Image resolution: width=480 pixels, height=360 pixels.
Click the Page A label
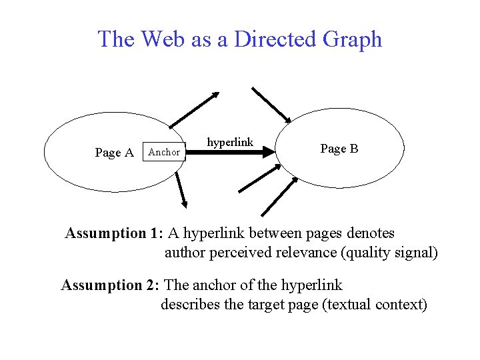pos(115,153)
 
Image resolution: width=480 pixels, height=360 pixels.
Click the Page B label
pos(339,149)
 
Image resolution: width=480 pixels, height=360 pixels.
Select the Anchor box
pos(164,152)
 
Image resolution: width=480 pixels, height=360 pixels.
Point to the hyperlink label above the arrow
pos(230,142)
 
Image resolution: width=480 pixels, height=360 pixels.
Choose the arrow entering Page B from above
pos(271,105)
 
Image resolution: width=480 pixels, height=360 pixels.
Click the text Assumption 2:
pos(111,285)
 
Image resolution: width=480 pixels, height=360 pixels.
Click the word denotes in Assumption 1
pos(368,233)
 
